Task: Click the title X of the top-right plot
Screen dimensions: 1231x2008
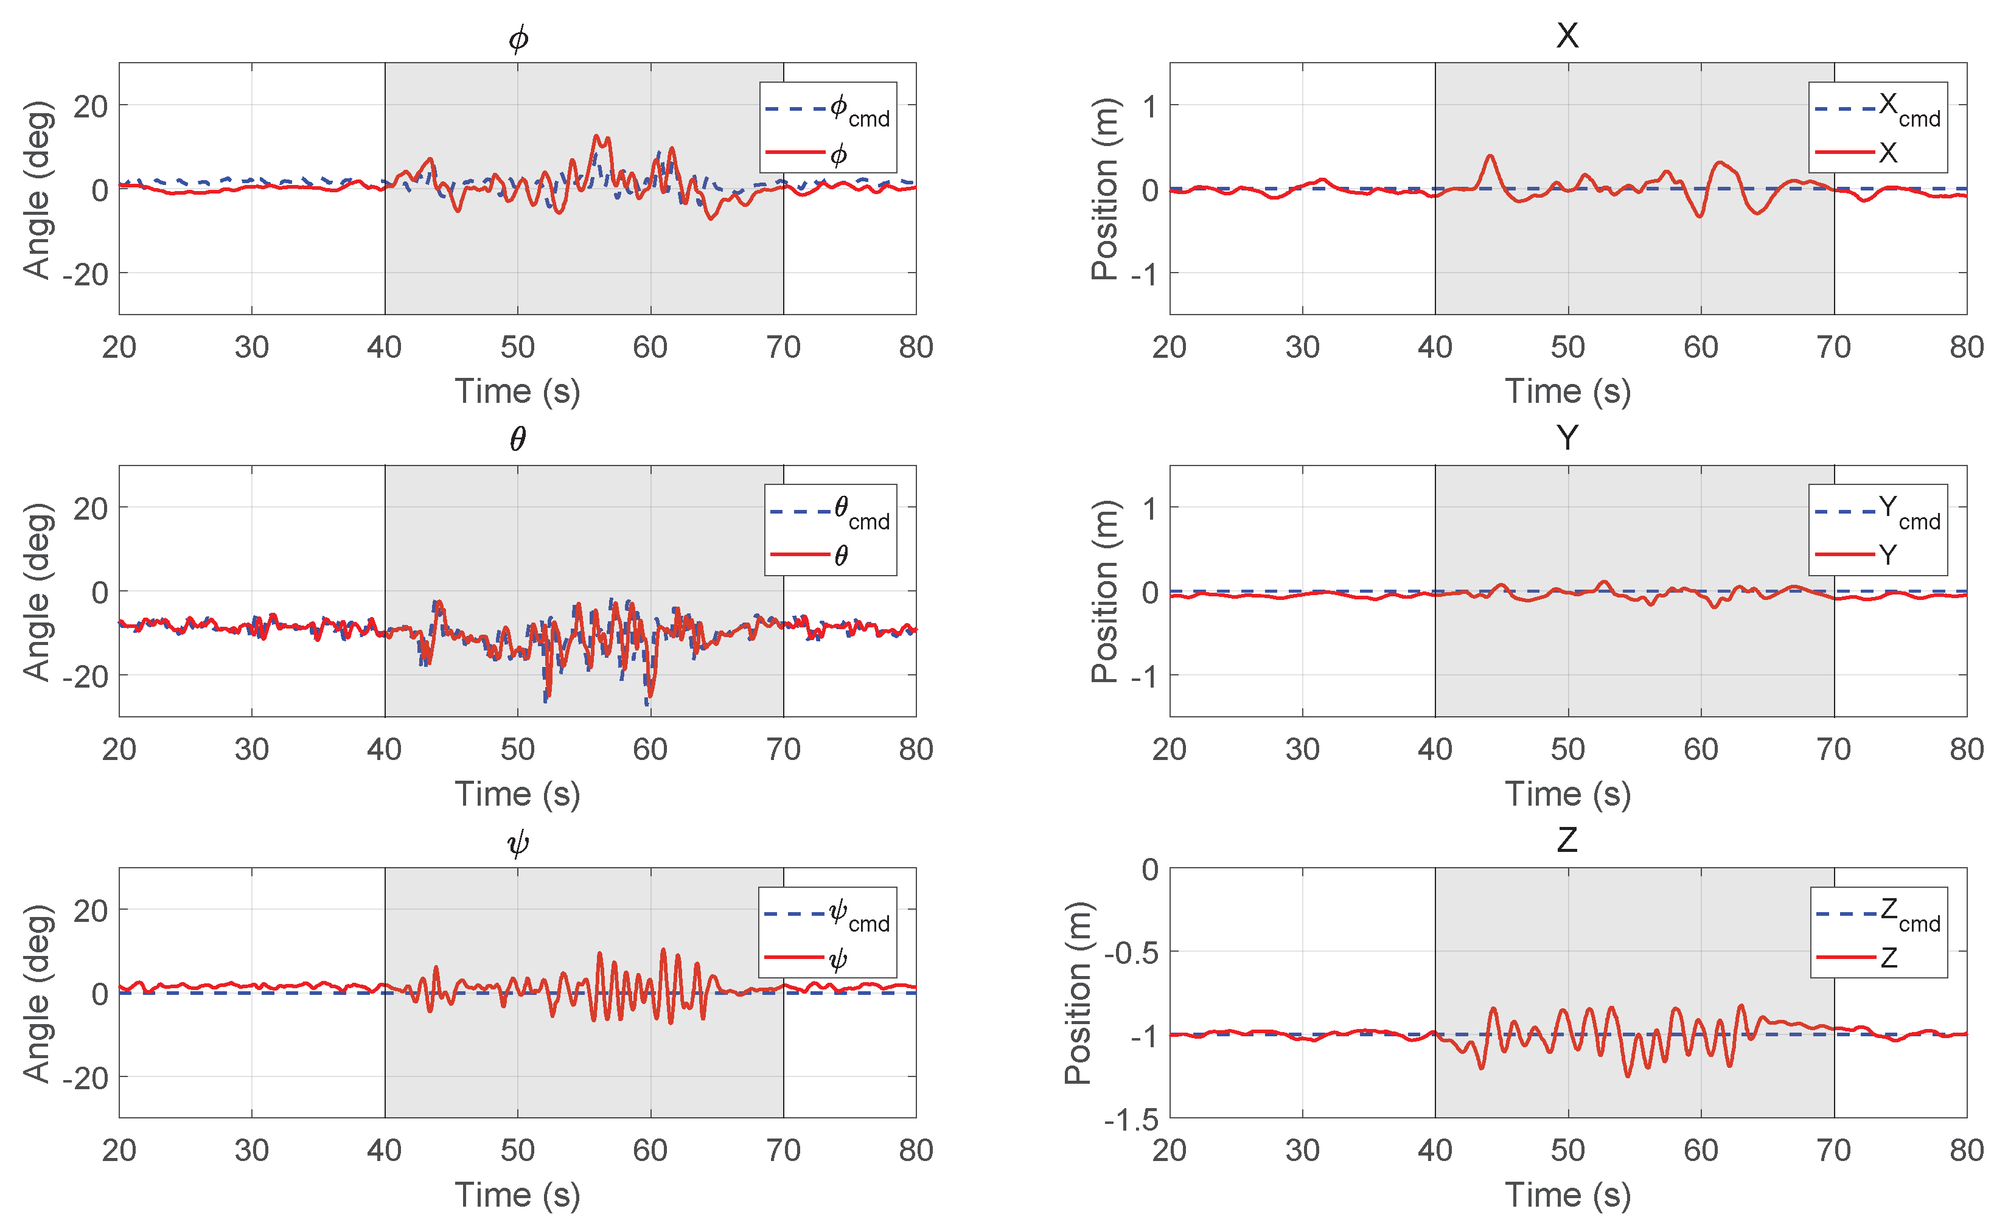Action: [1566, 36]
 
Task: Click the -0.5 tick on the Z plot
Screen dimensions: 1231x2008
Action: [1131, 952]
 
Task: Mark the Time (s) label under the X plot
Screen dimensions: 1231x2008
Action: [1566, 392]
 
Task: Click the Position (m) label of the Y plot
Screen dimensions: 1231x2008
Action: [1104, 591]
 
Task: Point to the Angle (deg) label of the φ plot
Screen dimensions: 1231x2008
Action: [38, 189]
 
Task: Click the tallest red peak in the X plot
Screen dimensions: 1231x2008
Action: [1490, 156]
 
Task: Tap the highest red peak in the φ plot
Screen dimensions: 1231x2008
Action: [596, 136]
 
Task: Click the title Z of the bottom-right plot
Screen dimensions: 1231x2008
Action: [1566, 840]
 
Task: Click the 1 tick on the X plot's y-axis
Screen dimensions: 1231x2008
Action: [1149, 106]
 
